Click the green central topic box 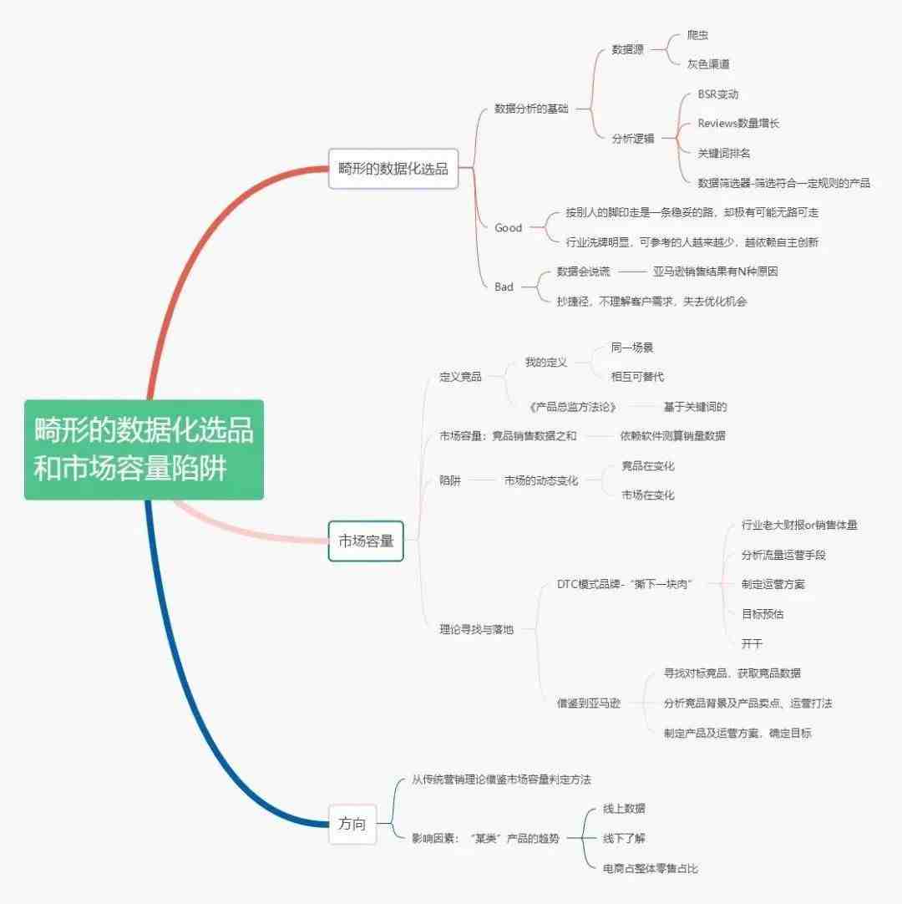[144, 449]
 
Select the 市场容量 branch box [366, 541]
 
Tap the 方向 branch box [352, 824]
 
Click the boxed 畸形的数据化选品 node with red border [393, 168]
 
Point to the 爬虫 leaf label [697, 34]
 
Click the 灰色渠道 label [708, 64]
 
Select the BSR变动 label [718, 94]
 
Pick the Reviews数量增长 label [738, 124]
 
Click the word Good [509, 228]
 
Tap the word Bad [504, 287]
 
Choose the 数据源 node [628, 49]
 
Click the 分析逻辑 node [633, 139]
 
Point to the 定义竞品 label [460, 377]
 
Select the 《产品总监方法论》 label [573, 407]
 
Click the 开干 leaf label [752, 643]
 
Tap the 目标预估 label [763, 614]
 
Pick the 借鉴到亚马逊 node [589, 703]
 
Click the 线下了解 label [624, 838]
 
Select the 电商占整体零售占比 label [650, 868]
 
